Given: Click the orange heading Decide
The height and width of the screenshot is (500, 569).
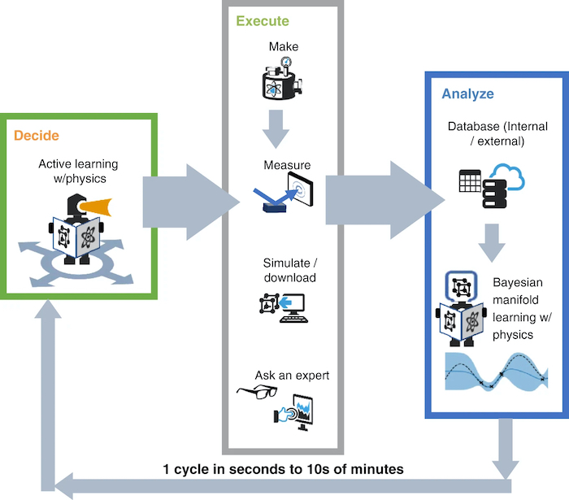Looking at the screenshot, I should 37,135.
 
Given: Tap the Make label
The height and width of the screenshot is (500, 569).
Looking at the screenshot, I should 279,46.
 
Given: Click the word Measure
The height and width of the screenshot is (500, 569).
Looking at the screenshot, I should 287,166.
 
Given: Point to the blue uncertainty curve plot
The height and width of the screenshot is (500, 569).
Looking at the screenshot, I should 496,372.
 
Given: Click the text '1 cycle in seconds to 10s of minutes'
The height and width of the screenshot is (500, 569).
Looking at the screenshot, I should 283,469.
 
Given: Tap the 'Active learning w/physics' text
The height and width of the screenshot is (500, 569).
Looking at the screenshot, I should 78,171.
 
